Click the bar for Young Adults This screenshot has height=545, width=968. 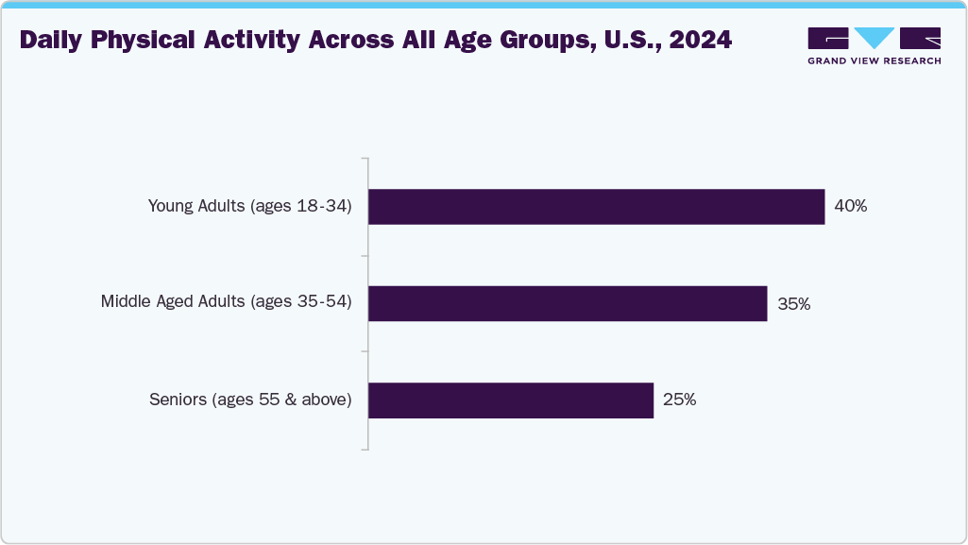pyautogui.click(x=596, y=206)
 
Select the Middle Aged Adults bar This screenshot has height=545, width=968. pyautogui.click(x=567, y=303)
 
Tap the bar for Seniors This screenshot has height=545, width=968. pyautogui.click(x=510, y=400)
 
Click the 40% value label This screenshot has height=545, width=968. pyautogui.click(x=850, y=206)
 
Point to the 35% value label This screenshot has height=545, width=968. pyautogui.click(x=793, y=304)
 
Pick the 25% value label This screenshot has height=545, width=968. pyautogui.click(x=679, y=400)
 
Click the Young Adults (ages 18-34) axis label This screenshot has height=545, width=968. pyautogui.click(x=249, y=206)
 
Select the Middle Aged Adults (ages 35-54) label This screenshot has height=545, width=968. pyautogui.click(x=226, y=302)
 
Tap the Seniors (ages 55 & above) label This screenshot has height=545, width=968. pyautogui.click(x=250, y=400)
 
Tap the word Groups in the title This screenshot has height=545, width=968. pyautogui.click(x=534, y=41)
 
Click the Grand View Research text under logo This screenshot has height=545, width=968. pyautogui.click(x=874, y=61)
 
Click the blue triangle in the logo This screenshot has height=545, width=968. pyautogui.click(x=874, y=38)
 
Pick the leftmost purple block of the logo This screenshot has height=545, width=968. pyautogui.click(x=828, y=38)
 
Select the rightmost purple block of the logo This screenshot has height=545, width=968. pyautogui.click(x=920, y=38)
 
